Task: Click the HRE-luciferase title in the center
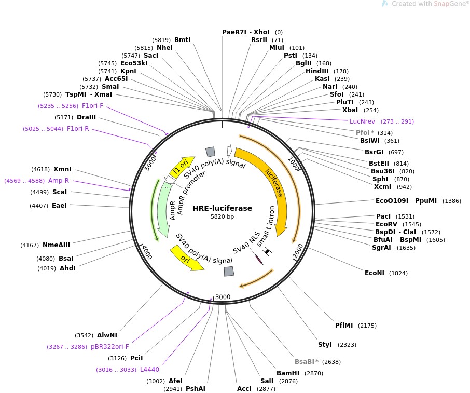[x=222, y=208]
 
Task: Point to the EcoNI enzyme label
[x=375, y=273]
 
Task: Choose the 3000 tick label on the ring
[x=223, y=297]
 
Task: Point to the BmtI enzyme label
[x=183, y=39]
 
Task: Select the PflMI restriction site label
[x=344, y=326]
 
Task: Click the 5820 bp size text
[x=222, y=217]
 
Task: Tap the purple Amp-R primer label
[x=59, y=181]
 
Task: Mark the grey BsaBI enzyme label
[x=304, y=362]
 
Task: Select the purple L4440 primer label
[x=150, y=370]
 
